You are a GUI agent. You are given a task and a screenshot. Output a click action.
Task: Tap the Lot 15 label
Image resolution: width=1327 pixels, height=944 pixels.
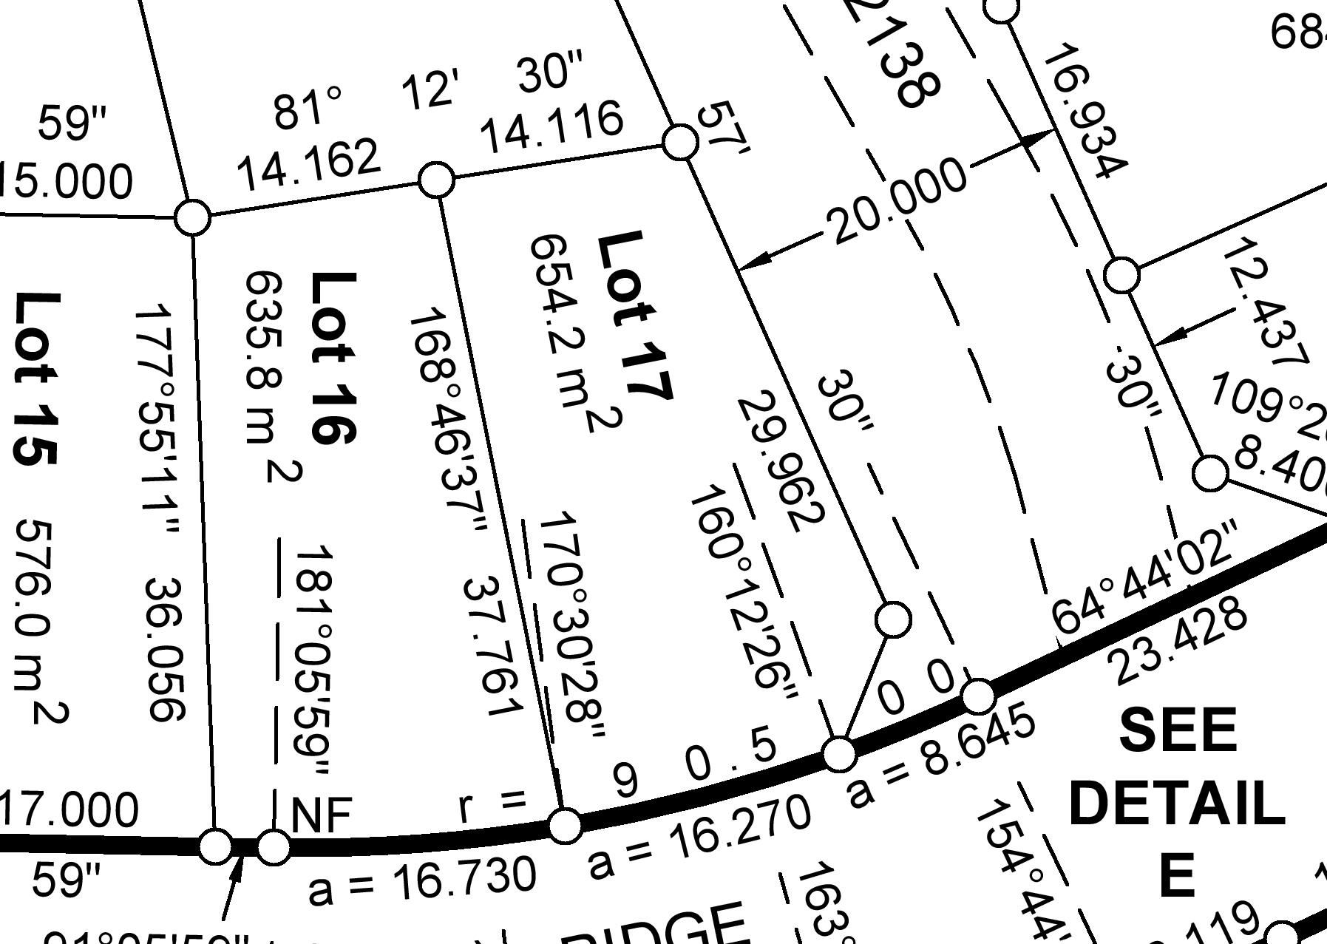point(35,378)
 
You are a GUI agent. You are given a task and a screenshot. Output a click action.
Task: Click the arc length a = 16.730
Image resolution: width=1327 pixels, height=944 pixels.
point(421,881)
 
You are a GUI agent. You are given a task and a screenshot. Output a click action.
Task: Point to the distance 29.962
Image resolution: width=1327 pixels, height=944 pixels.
point(780,462)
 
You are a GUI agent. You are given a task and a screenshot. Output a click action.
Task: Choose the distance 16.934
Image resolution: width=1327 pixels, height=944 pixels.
point(1084,111)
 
